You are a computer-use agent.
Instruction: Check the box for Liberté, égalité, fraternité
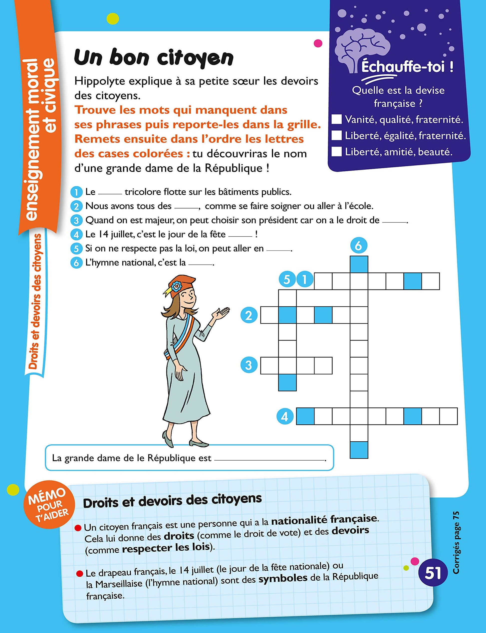336,135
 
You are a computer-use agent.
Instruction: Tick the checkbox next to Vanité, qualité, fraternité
336,119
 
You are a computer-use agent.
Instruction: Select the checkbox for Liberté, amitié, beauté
336,151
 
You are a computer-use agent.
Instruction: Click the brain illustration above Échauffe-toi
363,49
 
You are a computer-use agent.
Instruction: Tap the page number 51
433,573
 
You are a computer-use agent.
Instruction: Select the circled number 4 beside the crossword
285,416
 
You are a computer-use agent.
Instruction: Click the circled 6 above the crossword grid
359,246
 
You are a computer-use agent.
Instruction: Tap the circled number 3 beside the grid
249,365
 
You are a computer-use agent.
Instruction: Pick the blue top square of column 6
359,264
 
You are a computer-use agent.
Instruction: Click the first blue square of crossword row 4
305,416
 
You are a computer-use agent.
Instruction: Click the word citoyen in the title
195,58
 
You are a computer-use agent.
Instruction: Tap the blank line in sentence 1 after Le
110,193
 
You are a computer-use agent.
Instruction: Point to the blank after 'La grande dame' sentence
269,459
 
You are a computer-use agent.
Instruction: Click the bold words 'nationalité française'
324,519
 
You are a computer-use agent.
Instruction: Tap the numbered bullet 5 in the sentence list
76,249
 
